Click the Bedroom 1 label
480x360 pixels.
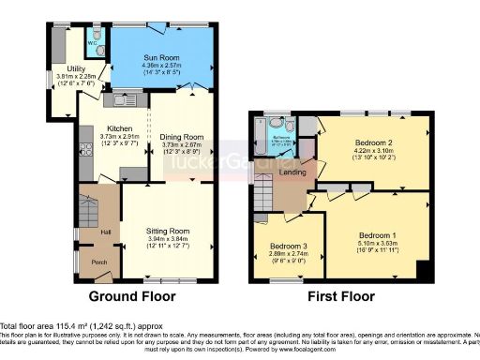tap(379, 234)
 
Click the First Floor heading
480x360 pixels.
tap(340, 296)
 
